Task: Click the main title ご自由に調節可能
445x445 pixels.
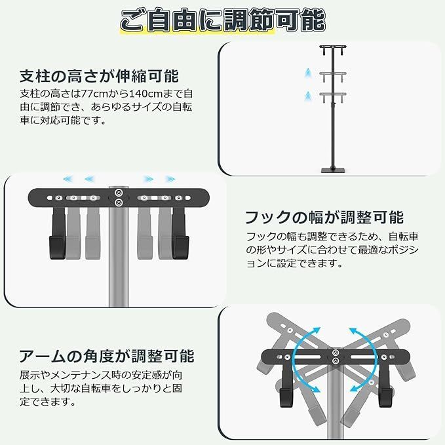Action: click(222, 20)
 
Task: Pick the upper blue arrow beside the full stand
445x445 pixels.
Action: click(307, 71)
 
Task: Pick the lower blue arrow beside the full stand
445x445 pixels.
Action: click(307, 96)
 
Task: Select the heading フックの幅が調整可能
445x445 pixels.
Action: click(324, 218)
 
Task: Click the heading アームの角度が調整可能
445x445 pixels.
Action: click(106, 357)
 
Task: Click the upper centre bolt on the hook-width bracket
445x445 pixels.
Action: click(118, 193)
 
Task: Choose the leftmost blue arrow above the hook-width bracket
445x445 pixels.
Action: click(66, 178)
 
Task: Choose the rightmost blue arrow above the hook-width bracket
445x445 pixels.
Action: click(170, 178)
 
